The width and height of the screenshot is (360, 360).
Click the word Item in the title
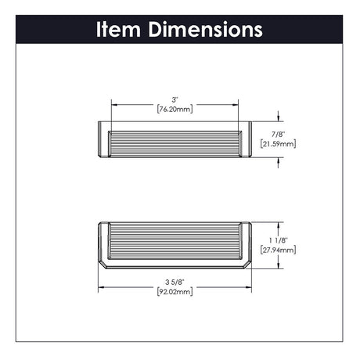pos(119,30)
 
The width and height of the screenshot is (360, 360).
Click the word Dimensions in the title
pos(206,30)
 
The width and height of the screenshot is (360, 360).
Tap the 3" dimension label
pos(175,99)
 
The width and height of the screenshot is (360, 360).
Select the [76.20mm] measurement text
pos(175,109)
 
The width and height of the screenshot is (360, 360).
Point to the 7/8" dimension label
pos(278,135)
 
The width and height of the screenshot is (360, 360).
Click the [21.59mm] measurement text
pos(278,144)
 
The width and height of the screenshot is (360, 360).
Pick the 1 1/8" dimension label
pos(278,240)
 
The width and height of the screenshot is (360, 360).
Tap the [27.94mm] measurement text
pos(278,250)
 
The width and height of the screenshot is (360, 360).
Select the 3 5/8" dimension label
pos(175,282)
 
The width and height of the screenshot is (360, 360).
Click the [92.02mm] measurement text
pos(175,291)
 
